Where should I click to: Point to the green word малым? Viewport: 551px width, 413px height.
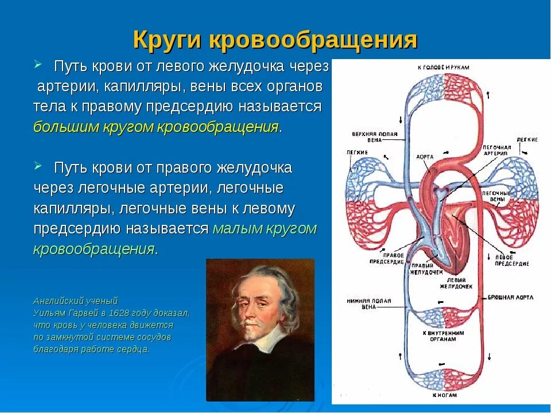[234, 228]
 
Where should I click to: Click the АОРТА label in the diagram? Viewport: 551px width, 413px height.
[425, 156]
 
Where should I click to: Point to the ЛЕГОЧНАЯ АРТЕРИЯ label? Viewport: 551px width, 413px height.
[496, 150]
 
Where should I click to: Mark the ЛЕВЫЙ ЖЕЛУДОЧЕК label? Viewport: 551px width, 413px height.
[456, 283]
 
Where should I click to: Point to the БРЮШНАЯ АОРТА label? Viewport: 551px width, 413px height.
[511, 298]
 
